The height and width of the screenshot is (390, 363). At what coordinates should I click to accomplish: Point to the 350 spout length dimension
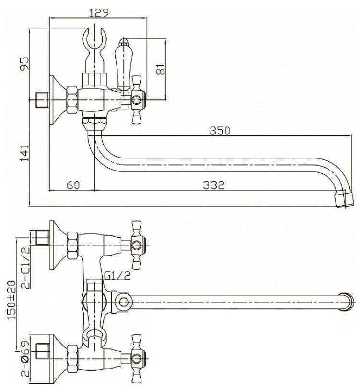pos(222,130)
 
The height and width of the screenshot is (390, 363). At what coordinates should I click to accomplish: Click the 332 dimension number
pos(214,185)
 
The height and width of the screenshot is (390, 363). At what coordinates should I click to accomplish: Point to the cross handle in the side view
pos(138,99)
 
